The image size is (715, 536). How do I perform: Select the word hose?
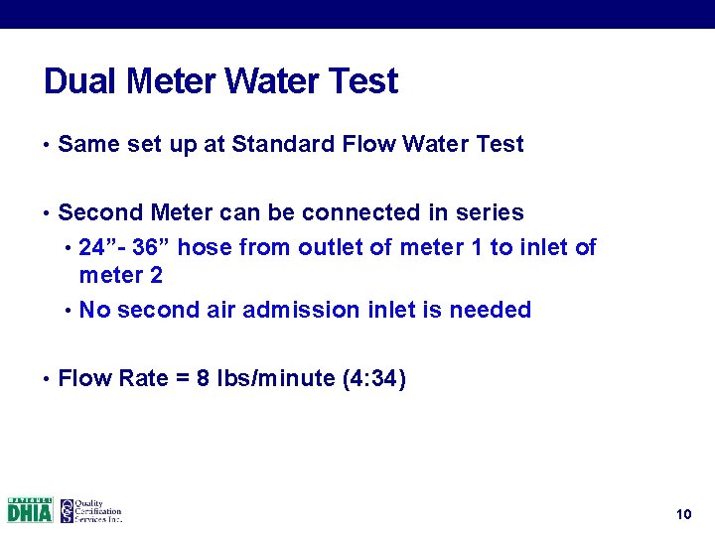pos(205,247)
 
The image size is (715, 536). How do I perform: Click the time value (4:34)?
pos(373,379)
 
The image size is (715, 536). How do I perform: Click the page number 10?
pos(682,514)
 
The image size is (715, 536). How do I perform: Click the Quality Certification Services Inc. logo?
pos(90,510)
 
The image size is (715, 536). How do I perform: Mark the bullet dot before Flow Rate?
pos(47,380)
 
